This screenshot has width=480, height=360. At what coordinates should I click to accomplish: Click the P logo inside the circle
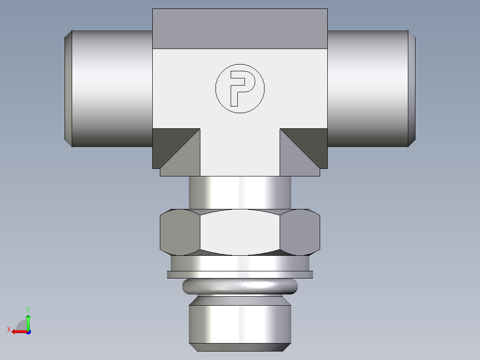coord(240,88)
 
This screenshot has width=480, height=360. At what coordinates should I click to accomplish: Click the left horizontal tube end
coord(111,88)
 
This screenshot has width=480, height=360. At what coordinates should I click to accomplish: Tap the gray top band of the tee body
coord(240,29)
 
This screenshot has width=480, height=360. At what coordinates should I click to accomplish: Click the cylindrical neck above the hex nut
coord(240,192)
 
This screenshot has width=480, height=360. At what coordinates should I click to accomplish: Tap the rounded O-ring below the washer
coord(240,286)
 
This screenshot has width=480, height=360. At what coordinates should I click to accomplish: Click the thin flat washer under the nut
coord(240,274)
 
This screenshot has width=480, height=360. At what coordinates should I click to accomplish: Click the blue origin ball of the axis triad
coord(28,331)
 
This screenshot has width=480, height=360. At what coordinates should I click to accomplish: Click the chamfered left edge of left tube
coord(68,88)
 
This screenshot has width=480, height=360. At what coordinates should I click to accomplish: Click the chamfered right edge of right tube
coord(412,88)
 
